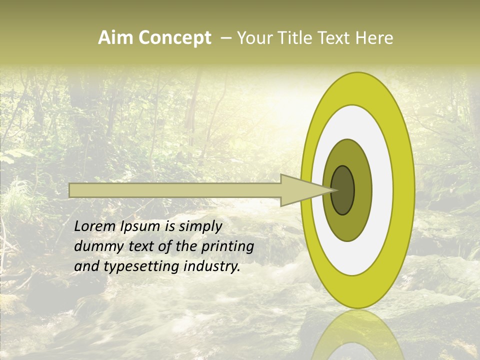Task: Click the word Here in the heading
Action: (x=375, y=38)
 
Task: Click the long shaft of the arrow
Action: (x=175, y=190)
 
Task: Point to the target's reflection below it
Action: (x=357, y=335)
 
